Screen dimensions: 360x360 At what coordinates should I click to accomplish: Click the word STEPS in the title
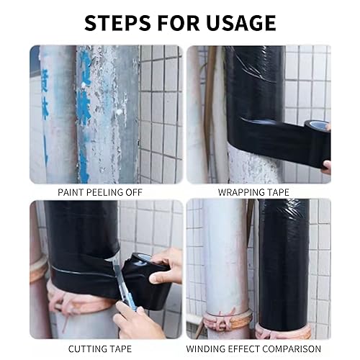pyautogui.click(x=118, y=23)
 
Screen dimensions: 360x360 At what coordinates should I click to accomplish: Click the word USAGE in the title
pyautogui.click(x=240, y=23)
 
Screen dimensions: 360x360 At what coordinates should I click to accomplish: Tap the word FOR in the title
pyautogui.click(x=179, y=23)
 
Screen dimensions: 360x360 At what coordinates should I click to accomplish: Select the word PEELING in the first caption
pyautogui.click(x=104, y=192)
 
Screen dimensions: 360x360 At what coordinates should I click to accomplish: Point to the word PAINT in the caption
pyautogui.click(x=71, y=192)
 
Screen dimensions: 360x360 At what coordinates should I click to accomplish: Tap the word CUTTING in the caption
pyautogui.click(x=88, y=348)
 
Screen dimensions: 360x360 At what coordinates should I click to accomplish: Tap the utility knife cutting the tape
pyautogui.click(x=125, y=288)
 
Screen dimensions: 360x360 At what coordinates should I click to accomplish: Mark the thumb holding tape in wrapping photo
pyautogui.click(x=327, y=166)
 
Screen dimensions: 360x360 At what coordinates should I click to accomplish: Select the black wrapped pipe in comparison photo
pyautogui.click(x=284, y=264)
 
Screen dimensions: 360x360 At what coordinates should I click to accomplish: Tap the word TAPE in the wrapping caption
pyautogui.click(x=278, y=192)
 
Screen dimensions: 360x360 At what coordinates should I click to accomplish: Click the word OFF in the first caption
pyautogui.click(x=134, y=192)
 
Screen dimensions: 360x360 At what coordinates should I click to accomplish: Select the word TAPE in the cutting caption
pyautogui.click(x=121, y=348)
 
